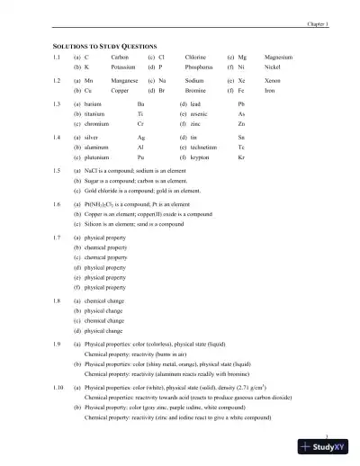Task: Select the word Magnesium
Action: click(279, 57)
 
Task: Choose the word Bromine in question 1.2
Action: click(198, 92)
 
